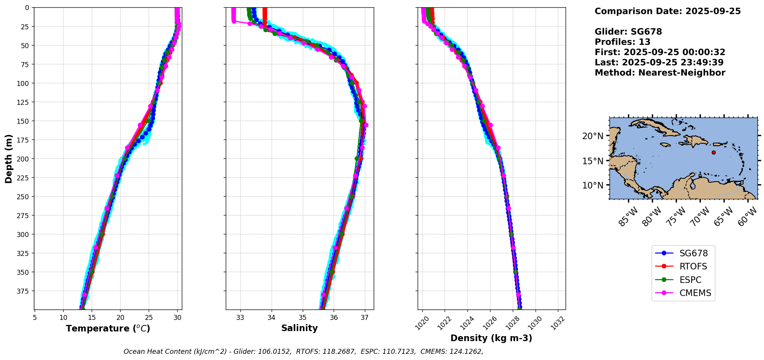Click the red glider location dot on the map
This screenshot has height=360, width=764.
point(714,153)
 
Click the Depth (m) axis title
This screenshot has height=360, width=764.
point(9,159)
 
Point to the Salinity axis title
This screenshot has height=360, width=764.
point(299,328)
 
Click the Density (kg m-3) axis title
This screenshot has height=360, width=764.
point(491,338)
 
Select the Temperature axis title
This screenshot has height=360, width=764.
point(108,328)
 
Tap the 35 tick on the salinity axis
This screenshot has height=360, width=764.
point(302,318)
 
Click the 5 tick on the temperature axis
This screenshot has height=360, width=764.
point(35,318)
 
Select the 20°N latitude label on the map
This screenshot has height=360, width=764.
point(593,136)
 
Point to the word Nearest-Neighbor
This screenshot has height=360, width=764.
point(682,73)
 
